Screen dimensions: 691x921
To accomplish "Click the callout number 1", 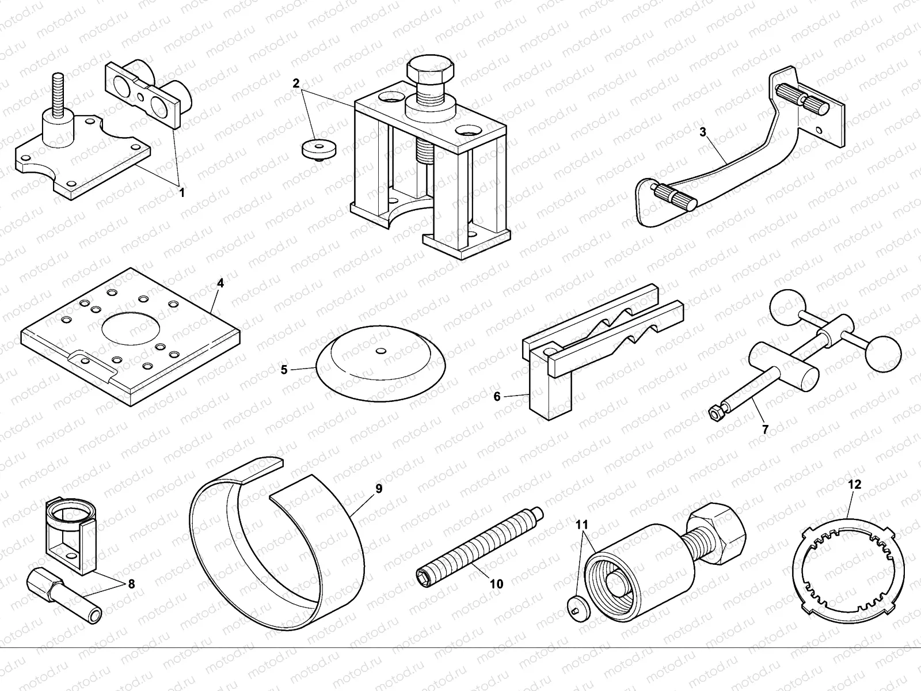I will point(182,193).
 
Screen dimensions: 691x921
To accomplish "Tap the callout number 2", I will point(296,83).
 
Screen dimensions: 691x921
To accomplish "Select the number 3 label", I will point(703,132).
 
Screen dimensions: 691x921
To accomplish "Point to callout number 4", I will point(220,283).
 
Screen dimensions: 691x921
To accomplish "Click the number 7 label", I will point(765,428).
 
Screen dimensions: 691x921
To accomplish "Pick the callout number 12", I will point(855,484).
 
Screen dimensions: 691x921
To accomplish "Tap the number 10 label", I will point(496,584).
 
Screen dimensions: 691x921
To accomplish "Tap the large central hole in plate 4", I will point(131,329).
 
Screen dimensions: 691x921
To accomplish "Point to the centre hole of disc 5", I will point(381,350).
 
